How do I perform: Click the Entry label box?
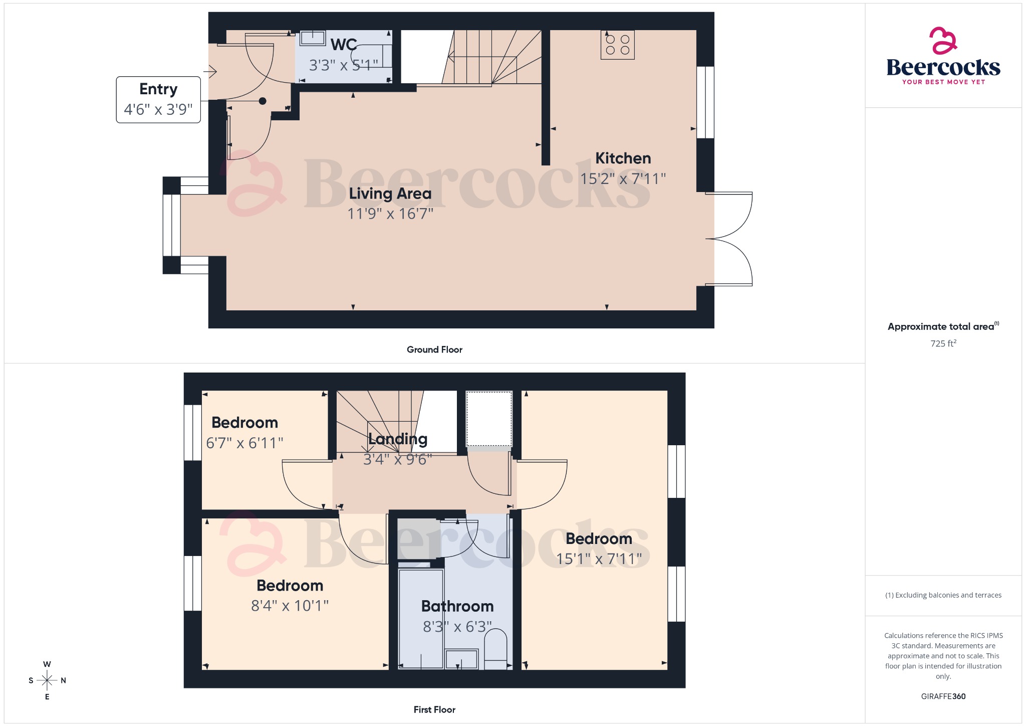(x=158, y=99)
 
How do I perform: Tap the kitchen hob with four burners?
(x=617, y=45)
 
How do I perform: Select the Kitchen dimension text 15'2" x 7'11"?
(x=623, y=178)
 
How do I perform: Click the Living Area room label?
(x=390, y=194)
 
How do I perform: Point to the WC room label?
(x=344, y=45)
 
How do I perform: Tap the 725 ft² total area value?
(x=943, y=343)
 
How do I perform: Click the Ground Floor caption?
(x=434, y=349)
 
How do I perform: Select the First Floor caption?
(x=434, y=709)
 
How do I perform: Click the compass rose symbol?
(x=47, y=680)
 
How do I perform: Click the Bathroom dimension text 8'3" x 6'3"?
(x=457, y=627)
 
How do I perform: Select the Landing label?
(x=398, y=439)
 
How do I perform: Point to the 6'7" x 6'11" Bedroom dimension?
(x=244, y=443)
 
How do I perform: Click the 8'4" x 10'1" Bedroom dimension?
(x=290, y=606)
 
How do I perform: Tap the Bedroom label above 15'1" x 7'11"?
(x=599, y=538)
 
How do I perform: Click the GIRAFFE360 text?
(x=943, y=696)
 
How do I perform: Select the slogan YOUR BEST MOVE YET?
(x=943, y=82)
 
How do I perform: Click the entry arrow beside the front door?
(x=211, y=72)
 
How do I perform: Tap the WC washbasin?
(x=313, y=38)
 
